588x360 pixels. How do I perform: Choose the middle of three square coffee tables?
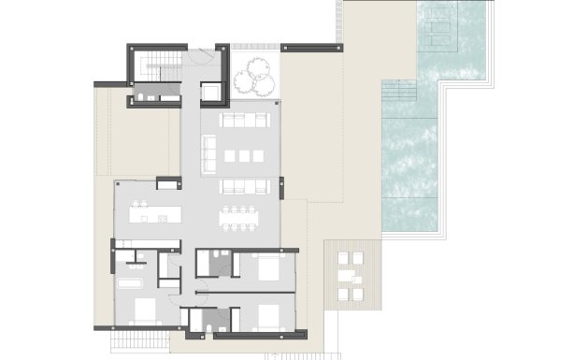[244, 154]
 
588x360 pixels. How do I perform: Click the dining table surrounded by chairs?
[241, 217]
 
